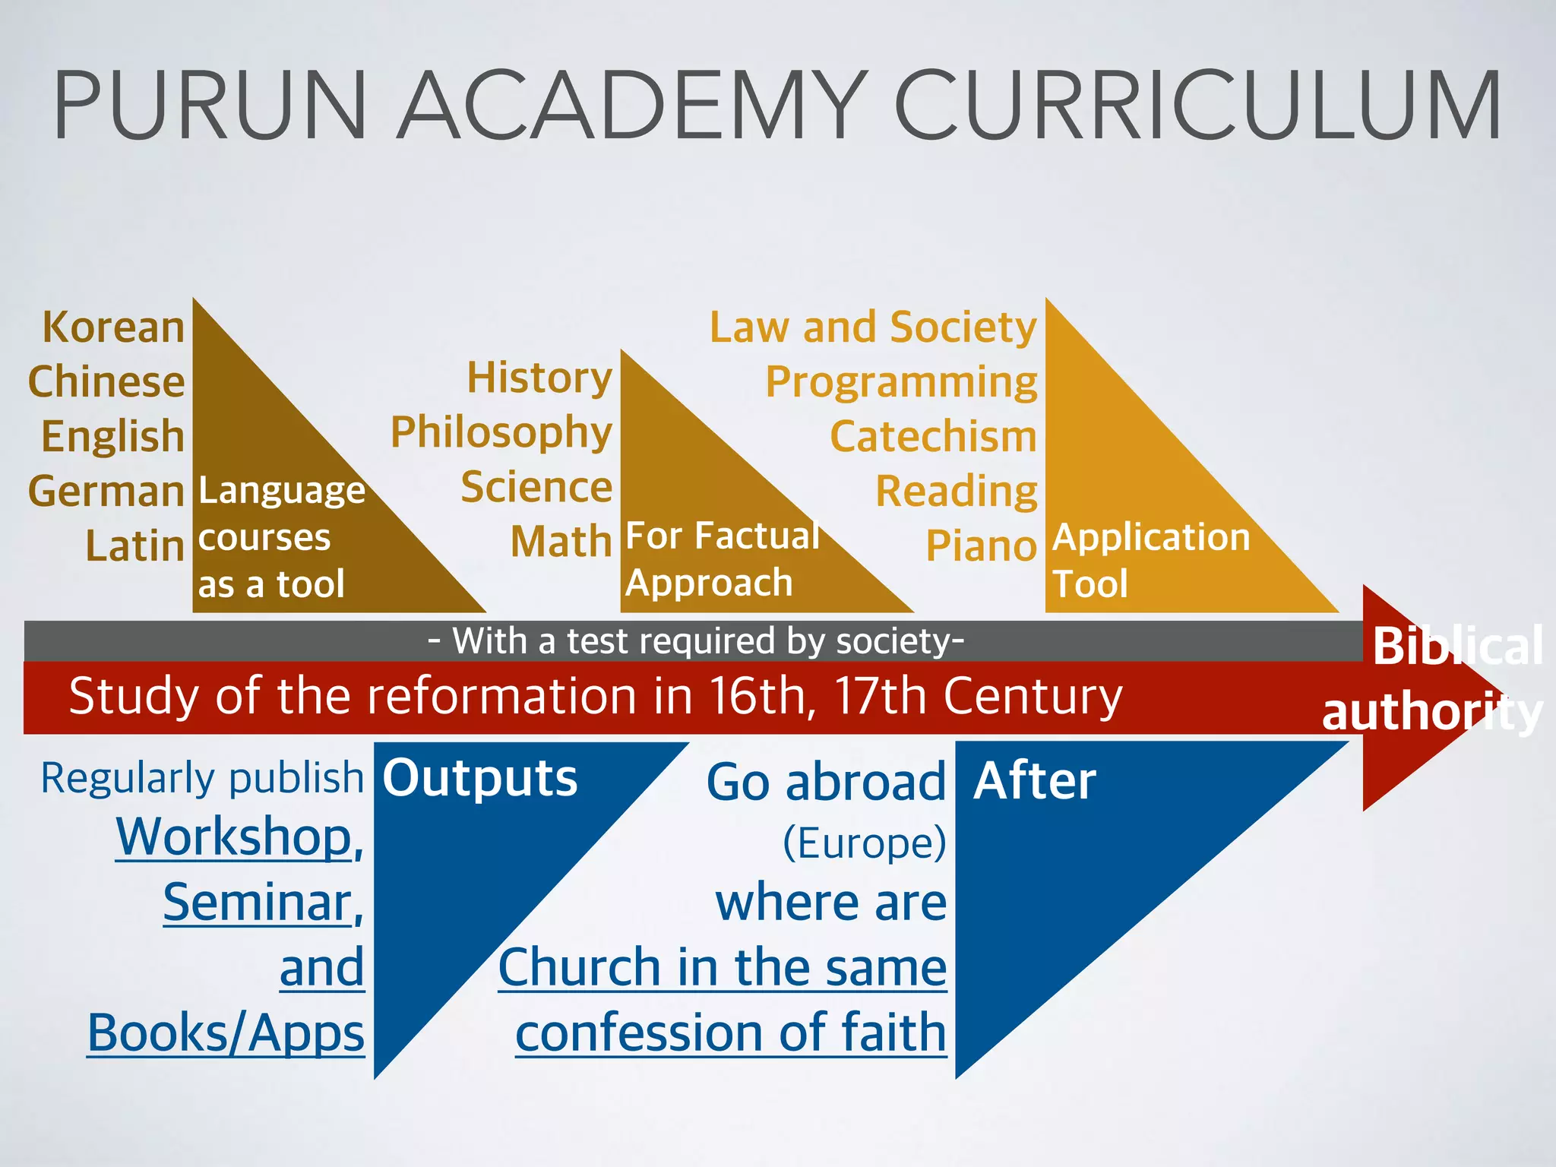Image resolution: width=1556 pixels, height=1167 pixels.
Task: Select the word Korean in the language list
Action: (113, 327)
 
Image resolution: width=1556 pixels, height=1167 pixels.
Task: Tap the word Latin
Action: (134, 546)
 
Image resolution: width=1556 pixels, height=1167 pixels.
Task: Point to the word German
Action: (106, 492)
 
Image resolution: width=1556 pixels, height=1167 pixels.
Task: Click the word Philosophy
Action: (501, 433)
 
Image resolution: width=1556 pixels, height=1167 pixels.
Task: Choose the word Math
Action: (561, 542)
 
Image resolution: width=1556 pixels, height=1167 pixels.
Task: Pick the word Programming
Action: (901, 382)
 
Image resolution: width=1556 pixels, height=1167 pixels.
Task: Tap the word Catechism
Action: (933, 437)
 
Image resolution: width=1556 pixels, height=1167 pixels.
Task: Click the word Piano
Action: (981, 546)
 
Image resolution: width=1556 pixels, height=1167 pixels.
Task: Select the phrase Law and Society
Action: (873, 327)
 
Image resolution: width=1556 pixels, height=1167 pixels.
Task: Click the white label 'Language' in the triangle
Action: (282, 491)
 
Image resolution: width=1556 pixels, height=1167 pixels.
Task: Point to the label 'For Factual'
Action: (722, 536)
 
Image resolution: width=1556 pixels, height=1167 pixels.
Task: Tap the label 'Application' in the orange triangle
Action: (1151, 537)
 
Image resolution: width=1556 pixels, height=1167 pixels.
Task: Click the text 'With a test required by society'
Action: (696, 641)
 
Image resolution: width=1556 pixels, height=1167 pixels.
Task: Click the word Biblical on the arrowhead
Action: (1457, 647)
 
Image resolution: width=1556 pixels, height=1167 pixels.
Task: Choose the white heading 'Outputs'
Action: (479, 778)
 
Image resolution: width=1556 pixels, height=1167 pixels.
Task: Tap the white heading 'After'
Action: (1035, 781)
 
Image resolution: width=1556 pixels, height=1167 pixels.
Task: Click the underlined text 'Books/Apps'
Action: (226, 1033)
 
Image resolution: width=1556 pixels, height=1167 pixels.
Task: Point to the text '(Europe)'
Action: (865, 843)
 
